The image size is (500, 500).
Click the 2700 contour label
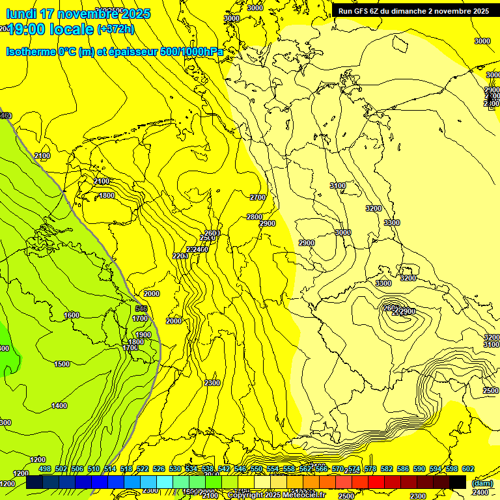(258, 197)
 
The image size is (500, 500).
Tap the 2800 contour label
(255, 217)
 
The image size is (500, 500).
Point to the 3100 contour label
(338, 186)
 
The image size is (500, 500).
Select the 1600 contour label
(72, 315)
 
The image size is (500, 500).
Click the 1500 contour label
(62, 364)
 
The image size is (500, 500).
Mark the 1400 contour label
(59, 406)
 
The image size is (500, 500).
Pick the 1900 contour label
(143, 335)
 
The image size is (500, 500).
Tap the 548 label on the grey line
(141, 309)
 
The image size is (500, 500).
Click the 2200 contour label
(180, 256)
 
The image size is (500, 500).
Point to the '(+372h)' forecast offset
(115, 29)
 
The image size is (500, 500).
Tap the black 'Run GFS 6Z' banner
(413, 11)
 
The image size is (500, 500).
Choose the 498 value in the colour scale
(44, 469)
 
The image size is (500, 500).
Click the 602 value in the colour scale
(468, 469)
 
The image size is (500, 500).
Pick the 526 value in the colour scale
(160, 469)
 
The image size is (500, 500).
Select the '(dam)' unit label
(482, 483)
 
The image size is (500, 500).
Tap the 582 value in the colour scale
(386, 469)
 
